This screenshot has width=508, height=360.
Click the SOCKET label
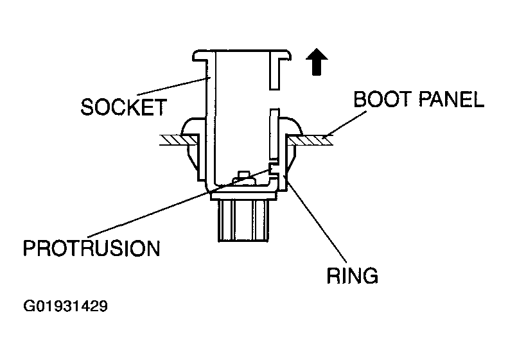[124, 107]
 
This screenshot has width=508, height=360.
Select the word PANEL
[451, 99]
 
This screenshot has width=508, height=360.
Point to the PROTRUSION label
[92, 248]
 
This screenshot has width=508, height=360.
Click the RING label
[352, 275]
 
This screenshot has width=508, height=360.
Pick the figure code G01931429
[66, 306]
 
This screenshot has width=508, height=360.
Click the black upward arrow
[317, 62]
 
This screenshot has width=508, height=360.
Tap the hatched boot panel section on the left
[179, 140]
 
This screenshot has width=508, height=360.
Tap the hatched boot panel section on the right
[310, 140]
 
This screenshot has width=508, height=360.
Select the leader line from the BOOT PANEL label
[347, 124]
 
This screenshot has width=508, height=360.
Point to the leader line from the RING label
[315, 219]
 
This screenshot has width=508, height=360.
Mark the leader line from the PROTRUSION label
[179, 203]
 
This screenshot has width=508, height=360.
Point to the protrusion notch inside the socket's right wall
[274, 168]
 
